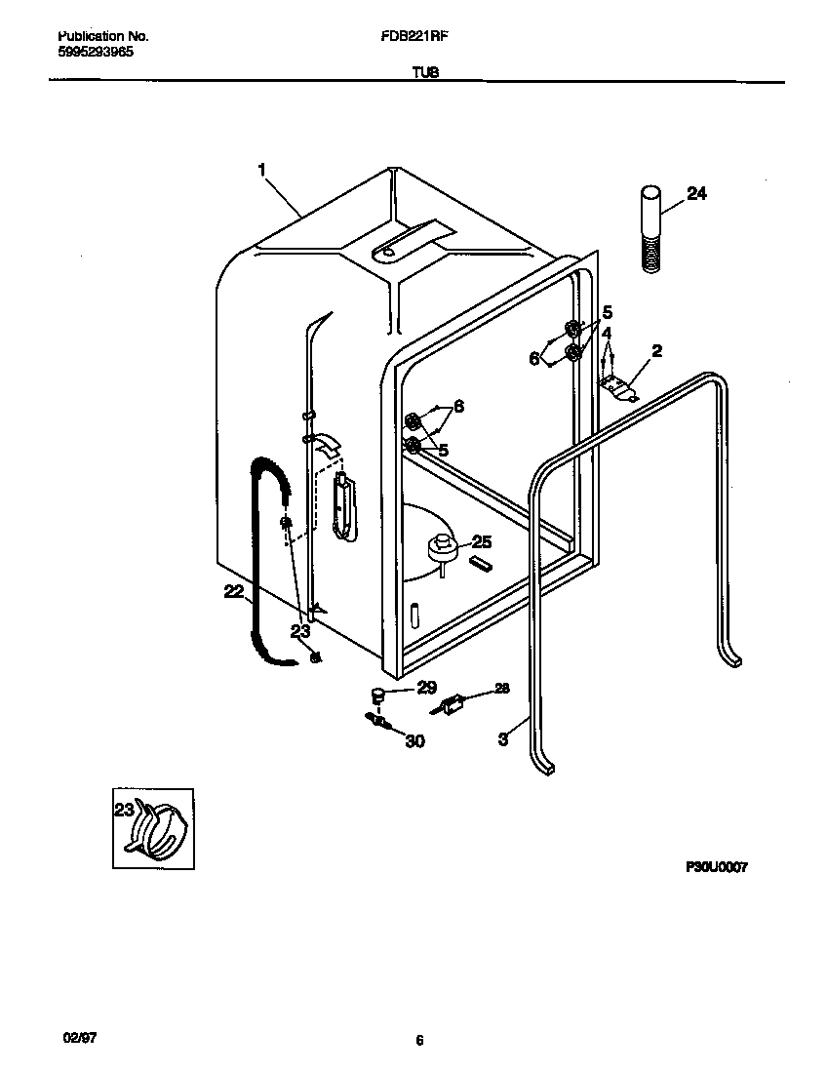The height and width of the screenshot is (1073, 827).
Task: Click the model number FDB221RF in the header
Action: pos(414,35)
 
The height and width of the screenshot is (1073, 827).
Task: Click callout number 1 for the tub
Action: pos(261,171)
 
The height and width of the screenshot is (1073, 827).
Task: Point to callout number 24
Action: pos(696,193)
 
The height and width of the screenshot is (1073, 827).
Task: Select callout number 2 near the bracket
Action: pos(656,351)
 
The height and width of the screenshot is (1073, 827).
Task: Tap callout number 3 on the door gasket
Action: pos(502,739)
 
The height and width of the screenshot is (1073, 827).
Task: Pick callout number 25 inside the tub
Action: pos(481,542)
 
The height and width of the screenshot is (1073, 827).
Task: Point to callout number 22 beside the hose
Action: pos(233,591)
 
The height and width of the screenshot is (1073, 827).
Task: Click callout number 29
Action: pos(426,688)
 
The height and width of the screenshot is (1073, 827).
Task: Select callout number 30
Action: pos(414,741)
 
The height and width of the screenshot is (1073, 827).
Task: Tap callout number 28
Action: pos(501,689)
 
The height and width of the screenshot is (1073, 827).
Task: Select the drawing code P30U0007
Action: pos(716,866)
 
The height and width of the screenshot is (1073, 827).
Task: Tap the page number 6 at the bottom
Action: pos(418,1041)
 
